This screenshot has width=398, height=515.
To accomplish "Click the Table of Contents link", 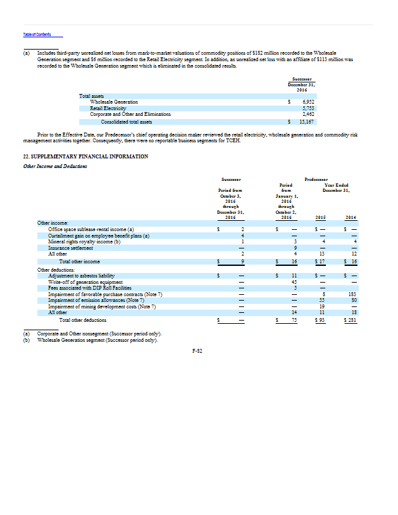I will coord(36,34).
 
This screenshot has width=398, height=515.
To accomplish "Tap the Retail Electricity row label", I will coord(106,108).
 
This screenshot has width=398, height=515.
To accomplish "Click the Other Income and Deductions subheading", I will coord(55,167).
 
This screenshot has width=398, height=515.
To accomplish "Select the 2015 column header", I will coord(321,218).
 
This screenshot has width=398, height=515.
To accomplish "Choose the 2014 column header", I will coord(350,218).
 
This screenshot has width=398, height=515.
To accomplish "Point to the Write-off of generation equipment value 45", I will coord(293,281).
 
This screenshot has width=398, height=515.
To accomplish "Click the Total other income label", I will coord(79,261).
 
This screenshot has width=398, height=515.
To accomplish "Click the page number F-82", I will coord(198,350).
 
